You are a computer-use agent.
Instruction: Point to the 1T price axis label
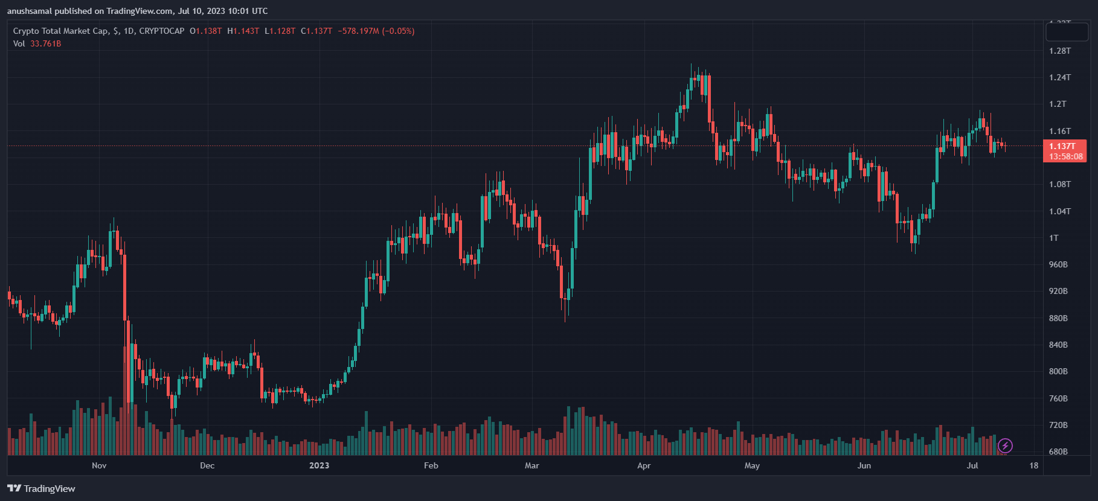point(1054,238)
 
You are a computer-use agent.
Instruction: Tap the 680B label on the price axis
point(1058,452)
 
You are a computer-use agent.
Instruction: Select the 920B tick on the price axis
point(1058,291)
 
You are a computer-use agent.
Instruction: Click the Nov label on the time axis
point(99,465)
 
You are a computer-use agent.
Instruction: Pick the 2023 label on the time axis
point(319,465)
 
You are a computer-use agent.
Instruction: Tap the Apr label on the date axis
point(644,465)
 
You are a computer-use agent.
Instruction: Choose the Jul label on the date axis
point(972,465)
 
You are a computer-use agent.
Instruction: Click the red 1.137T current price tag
point(1062,146)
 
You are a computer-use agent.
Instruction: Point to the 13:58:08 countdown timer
point(1065,156)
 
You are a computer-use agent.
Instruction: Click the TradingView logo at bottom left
point(41,488)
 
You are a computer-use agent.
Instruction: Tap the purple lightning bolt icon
point(1005,446)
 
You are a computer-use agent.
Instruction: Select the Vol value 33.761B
point(46,43)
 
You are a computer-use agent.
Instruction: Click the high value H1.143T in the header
point(243,31)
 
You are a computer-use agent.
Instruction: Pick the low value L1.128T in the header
point(280,31)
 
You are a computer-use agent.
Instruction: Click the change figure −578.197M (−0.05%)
point(376,31)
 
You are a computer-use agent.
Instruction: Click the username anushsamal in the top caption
point(30,11)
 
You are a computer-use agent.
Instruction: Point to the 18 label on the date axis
point(1034,465)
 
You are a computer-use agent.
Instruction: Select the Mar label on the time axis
point(531,465)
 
